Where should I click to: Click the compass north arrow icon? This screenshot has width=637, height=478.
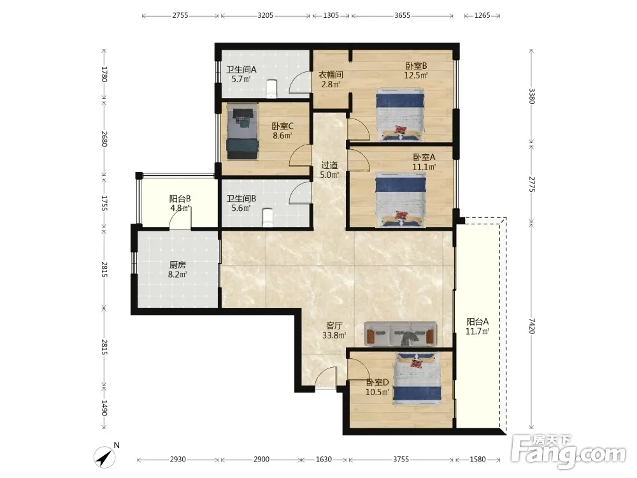tap(105, 456)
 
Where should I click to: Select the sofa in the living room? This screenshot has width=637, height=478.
tap(401, 334)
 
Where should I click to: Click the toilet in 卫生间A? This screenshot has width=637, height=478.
tap(271, 88)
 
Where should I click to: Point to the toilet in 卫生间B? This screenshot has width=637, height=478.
tap(267, 217)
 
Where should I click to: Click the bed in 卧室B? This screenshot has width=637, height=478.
tap(400, 115)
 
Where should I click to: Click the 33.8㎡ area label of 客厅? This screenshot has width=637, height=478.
tap(334, 335)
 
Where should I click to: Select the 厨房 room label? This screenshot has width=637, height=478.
tap(178, 264)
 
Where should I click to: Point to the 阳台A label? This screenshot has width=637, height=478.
tap(477, 321)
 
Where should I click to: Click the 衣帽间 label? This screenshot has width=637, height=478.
tap(330, 75)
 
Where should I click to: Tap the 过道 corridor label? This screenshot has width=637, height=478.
tap(329, 165)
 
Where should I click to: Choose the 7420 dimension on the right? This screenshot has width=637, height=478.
tap(532, 326)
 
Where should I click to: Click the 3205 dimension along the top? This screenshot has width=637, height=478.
tap(265, 15)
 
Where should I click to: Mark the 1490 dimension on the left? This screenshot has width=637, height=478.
tap(104, 408)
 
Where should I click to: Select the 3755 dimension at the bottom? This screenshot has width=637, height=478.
tap(401, 460)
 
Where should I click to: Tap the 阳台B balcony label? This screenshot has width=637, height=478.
tap(180, 199)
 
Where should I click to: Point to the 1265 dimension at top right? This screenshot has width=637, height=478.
tap(482, 15)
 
